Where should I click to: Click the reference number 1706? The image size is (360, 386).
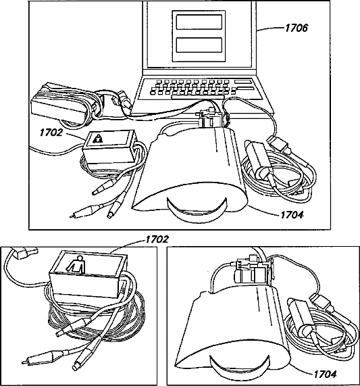pos(297,28)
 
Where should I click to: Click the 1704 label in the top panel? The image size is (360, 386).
pos(292,215)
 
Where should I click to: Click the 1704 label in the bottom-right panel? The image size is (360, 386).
pos(325,375)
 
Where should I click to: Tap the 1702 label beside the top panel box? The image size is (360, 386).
pos(51,132)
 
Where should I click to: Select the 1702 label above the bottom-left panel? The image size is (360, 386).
pos(157,239)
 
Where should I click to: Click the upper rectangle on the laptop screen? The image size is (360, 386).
pos(199,22)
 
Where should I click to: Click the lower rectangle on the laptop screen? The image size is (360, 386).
pos(199,45)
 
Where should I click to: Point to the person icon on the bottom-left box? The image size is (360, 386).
pos(77,264)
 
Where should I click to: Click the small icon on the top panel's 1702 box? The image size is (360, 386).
pos(99,139)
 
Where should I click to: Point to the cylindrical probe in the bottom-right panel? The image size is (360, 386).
pos(303,317)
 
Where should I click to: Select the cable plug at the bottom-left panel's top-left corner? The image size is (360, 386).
pos(24,253)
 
